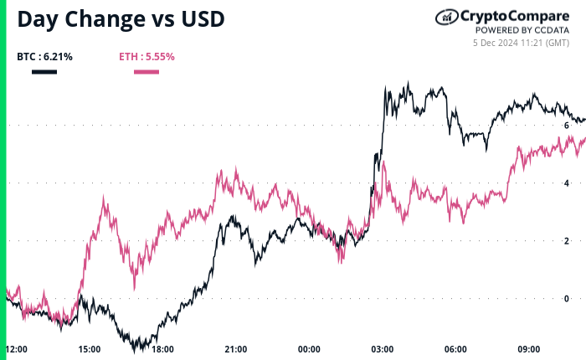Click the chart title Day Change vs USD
point(121,19)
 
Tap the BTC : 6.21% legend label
point(44,57)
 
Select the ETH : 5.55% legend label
point(146,57)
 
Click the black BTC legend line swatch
point(44,72)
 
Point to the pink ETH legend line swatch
point(146,72)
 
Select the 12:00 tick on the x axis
point(17,349)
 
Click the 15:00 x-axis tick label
point(90,349)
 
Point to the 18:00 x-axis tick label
point(162,349)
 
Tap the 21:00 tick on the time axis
point(236,349)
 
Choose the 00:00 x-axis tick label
point(310,349)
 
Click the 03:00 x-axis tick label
point(383,349)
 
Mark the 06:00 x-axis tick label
point(455,349)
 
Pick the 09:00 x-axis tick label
point(529,349)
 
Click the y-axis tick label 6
point(567,125)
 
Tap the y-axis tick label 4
point(567,183)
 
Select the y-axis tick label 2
point(567,240)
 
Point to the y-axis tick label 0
point(567,298)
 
